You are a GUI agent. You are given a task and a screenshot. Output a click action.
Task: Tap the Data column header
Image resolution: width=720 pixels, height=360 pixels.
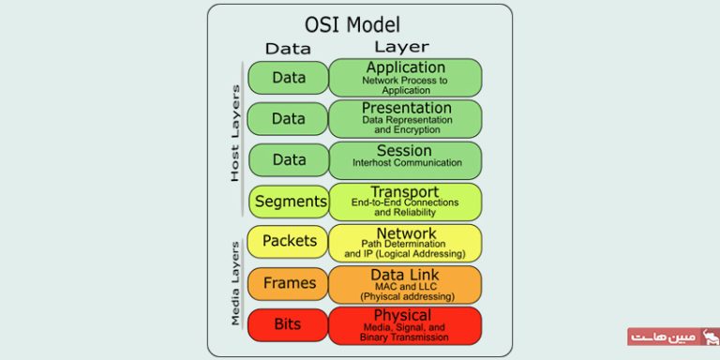click(x=288, y=49)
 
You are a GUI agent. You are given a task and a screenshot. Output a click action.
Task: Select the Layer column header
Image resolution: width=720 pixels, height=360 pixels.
click(x=400, y=47)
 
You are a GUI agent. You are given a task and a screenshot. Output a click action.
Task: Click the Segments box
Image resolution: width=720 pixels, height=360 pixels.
click(x=290, y=202)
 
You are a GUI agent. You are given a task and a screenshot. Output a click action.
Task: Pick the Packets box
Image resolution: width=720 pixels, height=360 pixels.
click(x=290, y=242)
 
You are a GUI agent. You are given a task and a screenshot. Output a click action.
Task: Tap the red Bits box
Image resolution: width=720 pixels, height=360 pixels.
click(x=288, y=324)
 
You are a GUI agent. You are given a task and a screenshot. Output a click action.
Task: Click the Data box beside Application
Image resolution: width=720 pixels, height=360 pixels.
click(x=289, y=78)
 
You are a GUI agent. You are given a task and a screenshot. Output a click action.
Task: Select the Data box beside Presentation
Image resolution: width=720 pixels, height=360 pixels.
click(x=289, y=119)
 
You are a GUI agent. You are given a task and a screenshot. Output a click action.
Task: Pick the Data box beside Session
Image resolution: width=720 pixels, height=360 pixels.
click(x=289, y=160)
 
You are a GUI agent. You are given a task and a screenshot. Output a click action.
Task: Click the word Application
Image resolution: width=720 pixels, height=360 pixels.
click(x=406, y=67)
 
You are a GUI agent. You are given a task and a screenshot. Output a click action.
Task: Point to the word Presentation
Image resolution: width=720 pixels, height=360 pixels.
click(x=406, y=109)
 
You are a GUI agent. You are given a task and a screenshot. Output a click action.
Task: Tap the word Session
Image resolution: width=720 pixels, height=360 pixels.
click(x=404, y=151)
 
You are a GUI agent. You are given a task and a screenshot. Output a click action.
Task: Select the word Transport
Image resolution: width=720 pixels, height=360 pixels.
click(x=404, y=192)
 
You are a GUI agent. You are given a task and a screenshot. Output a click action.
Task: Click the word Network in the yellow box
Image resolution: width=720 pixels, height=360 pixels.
click(x=405, y=233)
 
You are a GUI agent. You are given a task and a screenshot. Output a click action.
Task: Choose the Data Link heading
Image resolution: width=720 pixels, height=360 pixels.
click(x=405, y=274)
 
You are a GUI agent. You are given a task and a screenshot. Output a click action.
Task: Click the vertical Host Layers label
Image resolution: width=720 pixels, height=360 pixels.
click(x=235, y=133)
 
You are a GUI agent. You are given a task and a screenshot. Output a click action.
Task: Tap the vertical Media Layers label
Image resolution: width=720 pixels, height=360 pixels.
click(x=235, y=282)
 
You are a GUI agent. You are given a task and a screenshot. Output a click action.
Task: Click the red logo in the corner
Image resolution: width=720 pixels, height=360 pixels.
click(x=672, y=336)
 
